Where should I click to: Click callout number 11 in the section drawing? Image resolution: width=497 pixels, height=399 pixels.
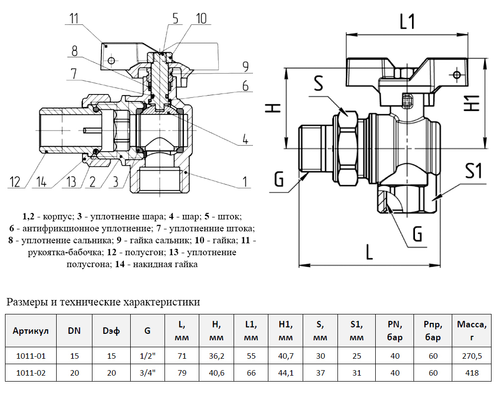coord(74,18)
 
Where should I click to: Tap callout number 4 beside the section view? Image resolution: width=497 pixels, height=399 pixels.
coord(246,139)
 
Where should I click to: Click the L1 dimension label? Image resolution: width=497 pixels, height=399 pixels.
coord(408,21)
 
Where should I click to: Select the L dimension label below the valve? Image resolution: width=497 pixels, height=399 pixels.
coord(368,253)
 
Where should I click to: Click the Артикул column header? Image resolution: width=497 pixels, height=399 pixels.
coord(31,331)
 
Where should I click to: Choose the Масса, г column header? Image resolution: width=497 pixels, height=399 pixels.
coord(471,331)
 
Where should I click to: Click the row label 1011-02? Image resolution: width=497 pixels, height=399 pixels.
coord(31,373)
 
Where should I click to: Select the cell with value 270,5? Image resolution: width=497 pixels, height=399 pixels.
coord(471,356)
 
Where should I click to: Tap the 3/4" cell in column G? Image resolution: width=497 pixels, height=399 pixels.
coord(148,373)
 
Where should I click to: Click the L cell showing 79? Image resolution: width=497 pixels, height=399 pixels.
coord(182,373)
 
